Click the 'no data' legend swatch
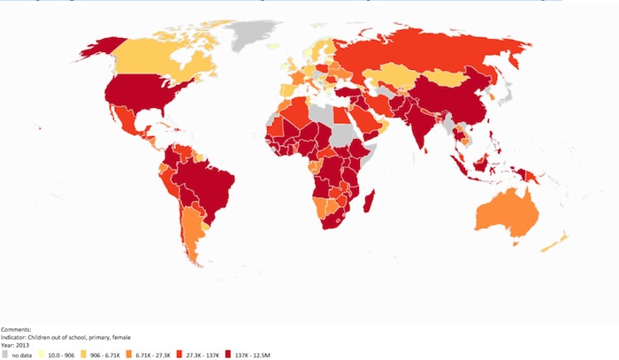coord(4,354)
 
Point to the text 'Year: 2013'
coord(17,343)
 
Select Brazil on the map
coord(212,181)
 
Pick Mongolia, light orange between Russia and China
coord(451,78)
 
